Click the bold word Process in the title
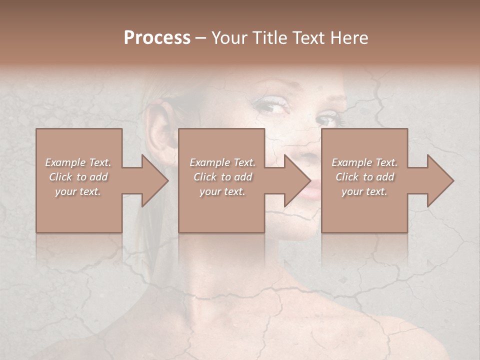tap(157, 38)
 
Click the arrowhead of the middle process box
tap(296, 180)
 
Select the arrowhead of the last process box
tap(439, 180)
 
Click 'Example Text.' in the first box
tap(78, 162)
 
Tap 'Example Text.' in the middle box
tap(222, 162)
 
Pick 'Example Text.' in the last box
tap(364, 162)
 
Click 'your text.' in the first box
tap(78, 191)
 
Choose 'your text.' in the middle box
tap(222, 191)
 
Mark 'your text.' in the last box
tap(364, 191)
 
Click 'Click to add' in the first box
tap(78, 177)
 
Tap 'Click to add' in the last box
tap(364, 177)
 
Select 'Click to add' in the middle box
tap(222, 177)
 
